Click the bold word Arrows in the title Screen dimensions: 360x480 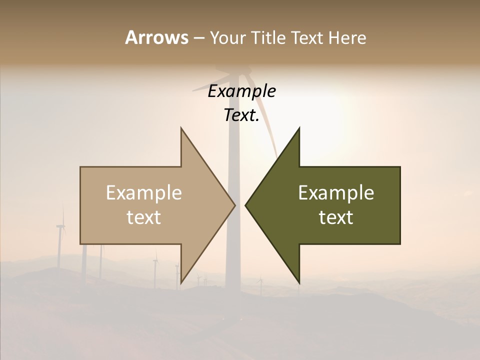click(x=156, y=37)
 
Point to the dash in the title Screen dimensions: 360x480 click(x=198, y=38)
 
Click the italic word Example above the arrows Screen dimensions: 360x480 click(x=241, y=91)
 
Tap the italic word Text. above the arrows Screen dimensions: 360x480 click(x=241, y=115)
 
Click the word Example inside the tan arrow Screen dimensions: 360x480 click(x=144, y=192)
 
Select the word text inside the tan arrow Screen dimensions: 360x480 click(x=144, y=217)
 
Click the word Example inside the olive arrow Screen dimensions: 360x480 click(x=336, y=192)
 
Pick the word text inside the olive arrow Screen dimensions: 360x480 click(x=336, y=217)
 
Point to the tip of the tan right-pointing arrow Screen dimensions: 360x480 click(x=234, y=205)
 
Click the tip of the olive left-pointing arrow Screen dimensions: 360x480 click(x=245, y=205)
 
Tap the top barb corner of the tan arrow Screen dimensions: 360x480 click(x=181, y=128)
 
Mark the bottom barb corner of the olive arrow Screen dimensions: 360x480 click(x=299, y=282)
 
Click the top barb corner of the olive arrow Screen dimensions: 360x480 click(x=299, y=128)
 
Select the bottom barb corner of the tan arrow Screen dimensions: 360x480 click(x=181, y=282)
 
